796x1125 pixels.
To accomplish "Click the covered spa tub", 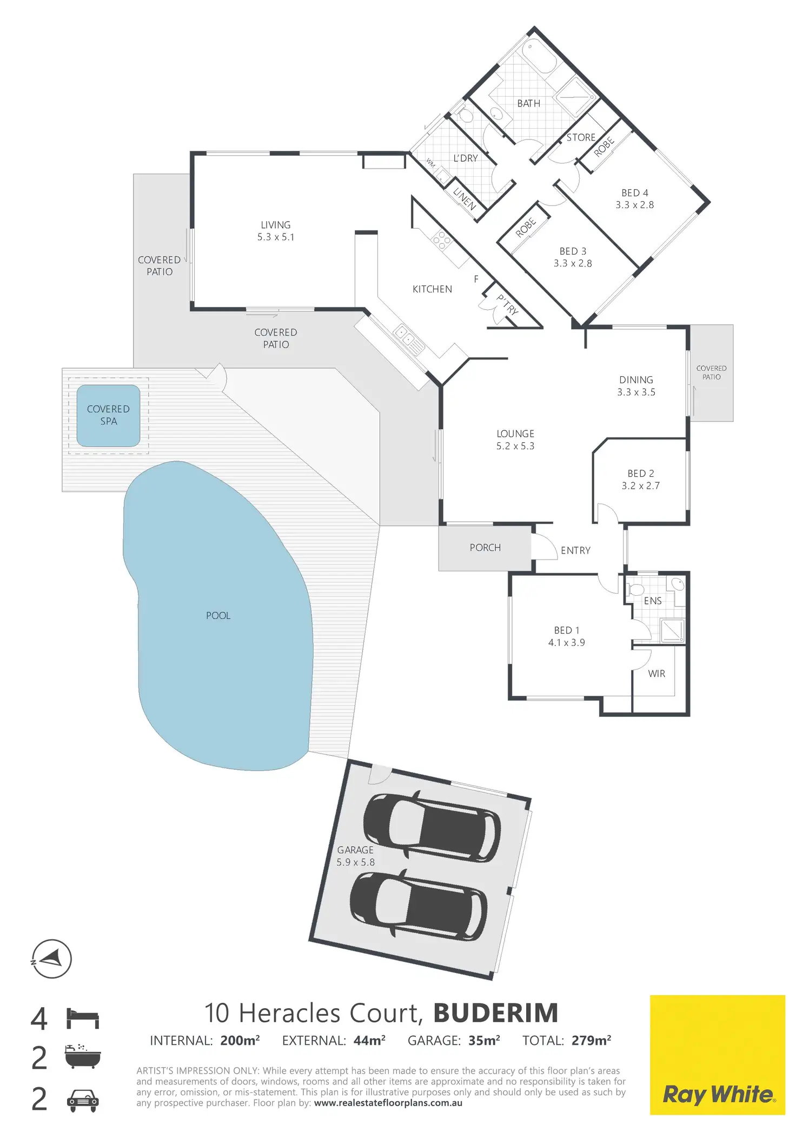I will point(108,415).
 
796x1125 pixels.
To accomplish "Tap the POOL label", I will point(218,616).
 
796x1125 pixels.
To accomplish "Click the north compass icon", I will point(51,959).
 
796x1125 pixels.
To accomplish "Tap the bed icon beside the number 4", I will point(83,1018).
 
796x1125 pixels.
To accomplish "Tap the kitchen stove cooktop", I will point(442,241).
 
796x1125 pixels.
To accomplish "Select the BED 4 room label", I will point(635,193).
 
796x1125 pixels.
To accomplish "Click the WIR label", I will point(656,674).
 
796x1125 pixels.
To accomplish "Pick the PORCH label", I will point(485,548).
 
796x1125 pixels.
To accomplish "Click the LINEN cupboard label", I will point(464,198).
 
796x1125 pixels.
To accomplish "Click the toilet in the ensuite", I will point(636,589).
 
